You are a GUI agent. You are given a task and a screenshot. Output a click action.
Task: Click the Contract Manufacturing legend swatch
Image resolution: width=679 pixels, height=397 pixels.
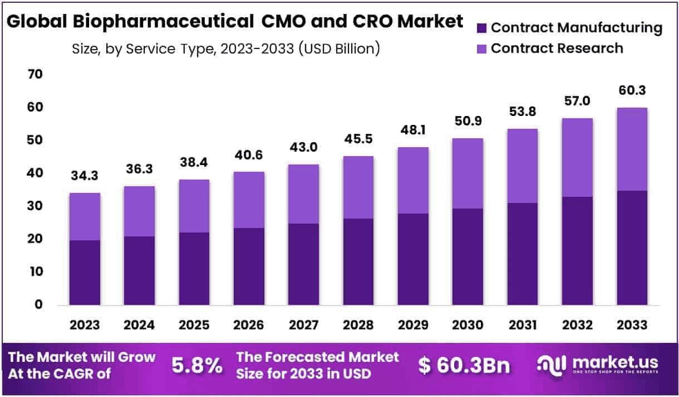coord(482,28)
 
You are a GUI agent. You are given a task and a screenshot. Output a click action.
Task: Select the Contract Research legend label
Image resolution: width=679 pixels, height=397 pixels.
coord(557,49)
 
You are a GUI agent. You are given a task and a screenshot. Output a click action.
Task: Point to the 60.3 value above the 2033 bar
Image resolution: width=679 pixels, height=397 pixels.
coord(631,91)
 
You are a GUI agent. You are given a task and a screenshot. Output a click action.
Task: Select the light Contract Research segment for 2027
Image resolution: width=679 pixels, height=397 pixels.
coord(303,194)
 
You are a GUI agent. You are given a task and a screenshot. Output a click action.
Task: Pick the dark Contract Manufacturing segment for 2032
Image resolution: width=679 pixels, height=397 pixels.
coord(577,251)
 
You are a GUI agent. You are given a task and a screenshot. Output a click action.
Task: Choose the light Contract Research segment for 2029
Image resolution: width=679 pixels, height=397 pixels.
coord(412,180)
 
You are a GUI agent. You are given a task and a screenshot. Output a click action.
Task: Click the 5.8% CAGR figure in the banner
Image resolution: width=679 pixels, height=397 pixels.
coord(197,366)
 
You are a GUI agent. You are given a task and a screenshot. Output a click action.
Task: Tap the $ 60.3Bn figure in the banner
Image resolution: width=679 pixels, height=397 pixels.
coord(464,366)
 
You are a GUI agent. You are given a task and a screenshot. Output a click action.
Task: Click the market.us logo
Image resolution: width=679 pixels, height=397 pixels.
coord(597,365)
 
